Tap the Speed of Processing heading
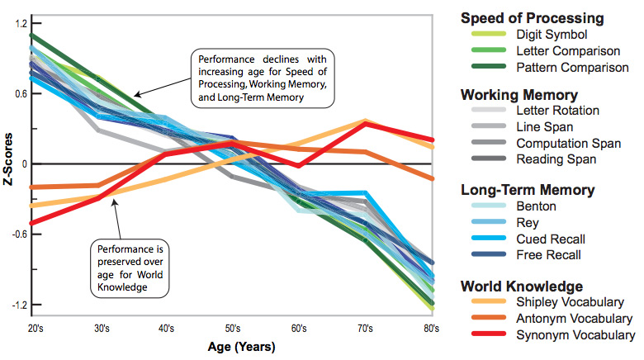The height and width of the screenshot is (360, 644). [543, 17]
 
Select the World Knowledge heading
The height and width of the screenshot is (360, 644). [534, 286]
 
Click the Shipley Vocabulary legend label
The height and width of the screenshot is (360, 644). [570, 302]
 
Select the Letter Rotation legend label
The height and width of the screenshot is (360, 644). [557, 110]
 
